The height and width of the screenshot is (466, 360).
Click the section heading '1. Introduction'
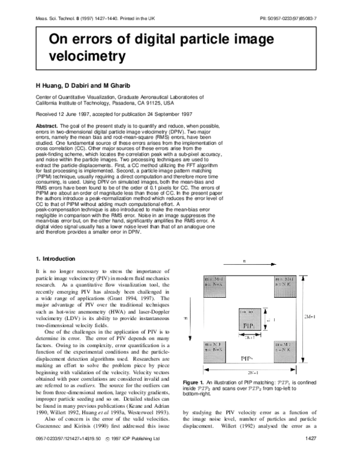pyautogui.click(x=55, y=259)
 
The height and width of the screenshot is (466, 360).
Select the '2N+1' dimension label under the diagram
pyautogui.click(x=252, y=372)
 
